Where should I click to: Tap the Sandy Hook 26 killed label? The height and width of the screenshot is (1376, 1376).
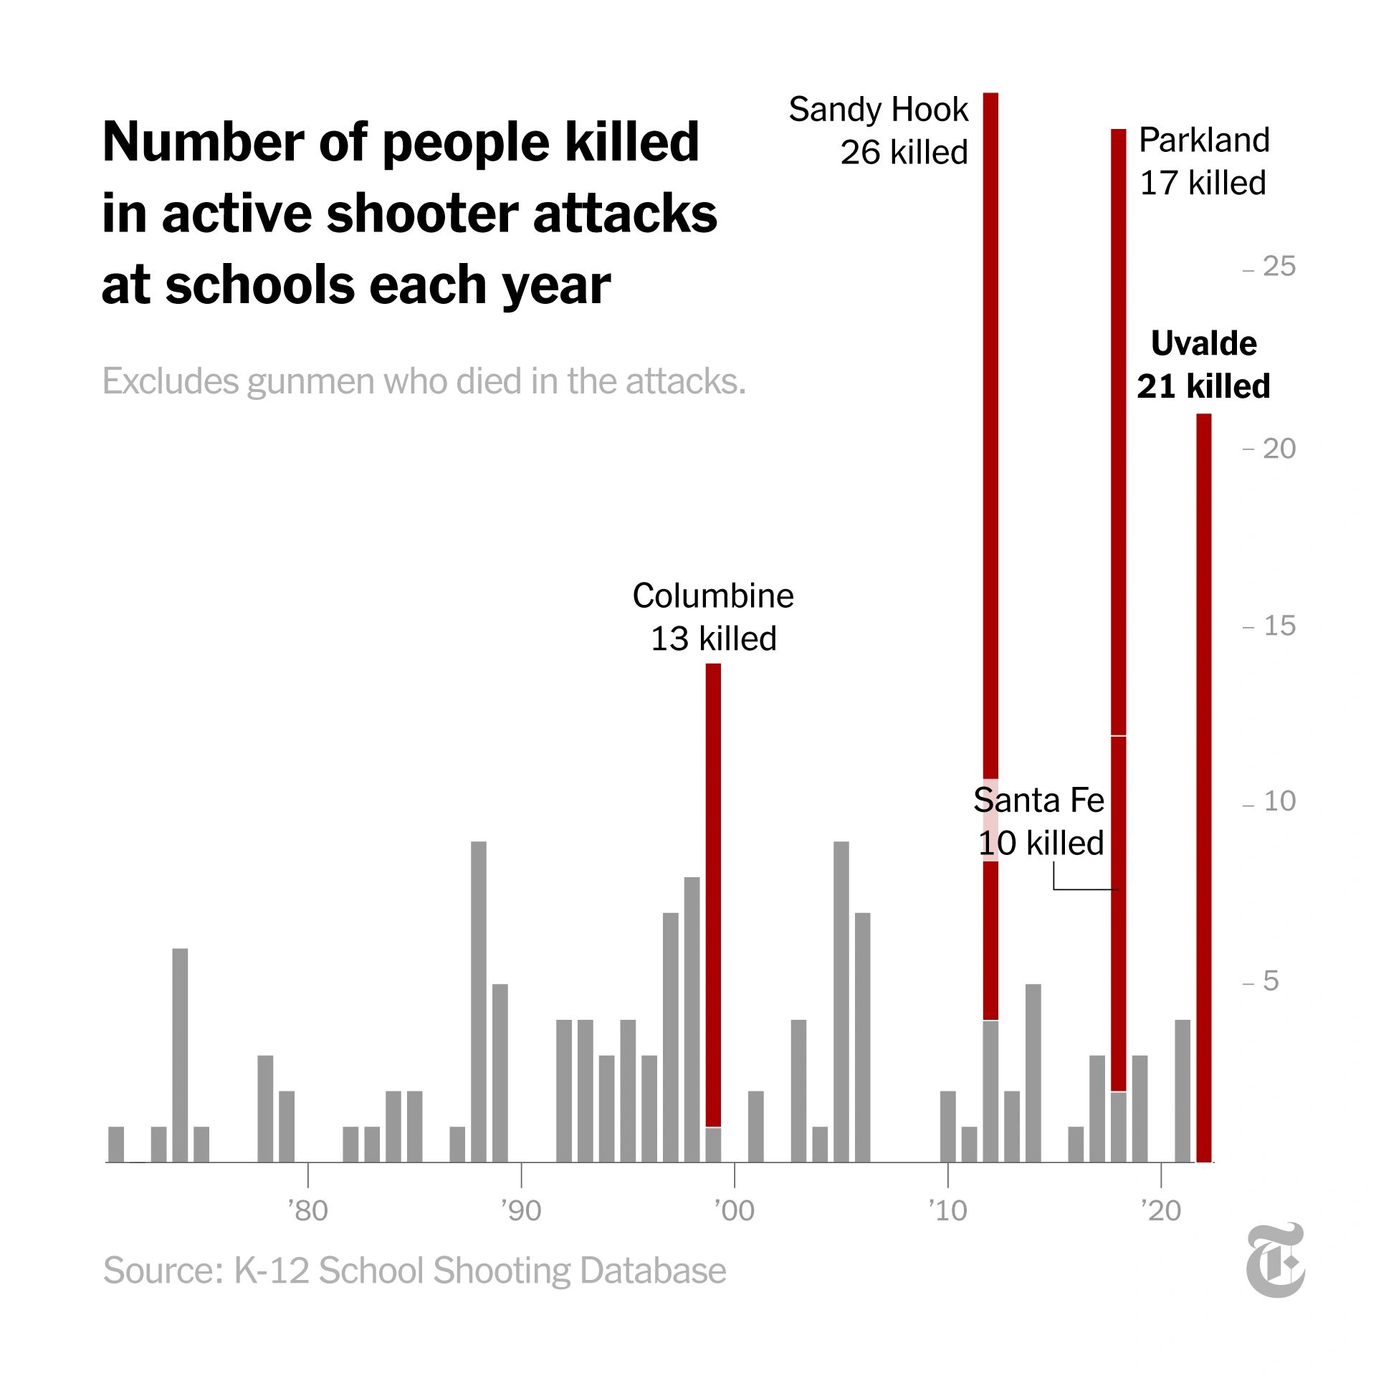coord(879,130)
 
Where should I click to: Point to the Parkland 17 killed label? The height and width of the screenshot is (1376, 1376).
coord(1203,161)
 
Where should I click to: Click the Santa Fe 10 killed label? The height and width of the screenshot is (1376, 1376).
coord(1039,821)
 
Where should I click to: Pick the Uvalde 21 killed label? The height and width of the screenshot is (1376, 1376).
coord(1203,365)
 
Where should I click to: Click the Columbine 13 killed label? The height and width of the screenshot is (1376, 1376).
coord(713,616)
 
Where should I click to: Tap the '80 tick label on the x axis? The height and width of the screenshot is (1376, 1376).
coord(307,1210)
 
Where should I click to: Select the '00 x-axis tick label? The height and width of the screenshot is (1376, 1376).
coord(735,1210)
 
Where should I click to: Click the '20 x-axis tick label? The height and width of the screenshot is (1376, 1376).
coord(1161,1210)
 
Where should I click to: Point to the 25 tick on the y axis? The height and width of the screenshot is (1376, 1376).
coord(1279,267)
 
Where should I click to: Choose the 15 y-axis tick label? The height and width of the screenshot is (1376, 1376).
coord(1279,626)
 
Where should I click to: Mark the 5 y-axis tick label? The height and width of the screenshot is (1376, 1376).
coord(1270,980)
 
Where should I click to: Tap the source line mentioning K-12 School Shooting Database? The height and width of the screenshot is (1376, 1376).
coord(414,1271)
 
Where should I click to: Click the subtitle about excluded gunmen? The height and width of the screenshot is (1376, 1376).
coord(424,381)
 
